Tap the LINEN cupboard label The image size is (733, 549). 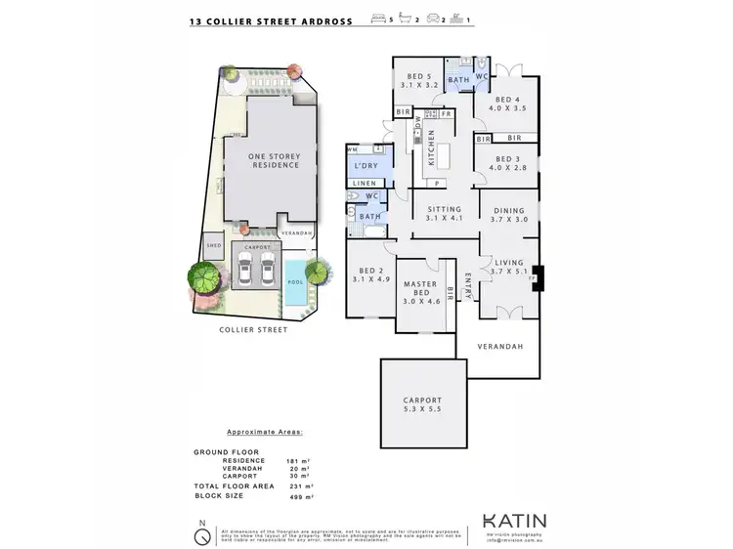point(364,183)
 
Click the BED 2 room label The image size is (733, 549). point(369,274)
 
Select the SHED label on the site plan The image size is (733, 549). point(212,246)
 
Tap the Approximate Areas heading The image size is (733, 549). point(265,431)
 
